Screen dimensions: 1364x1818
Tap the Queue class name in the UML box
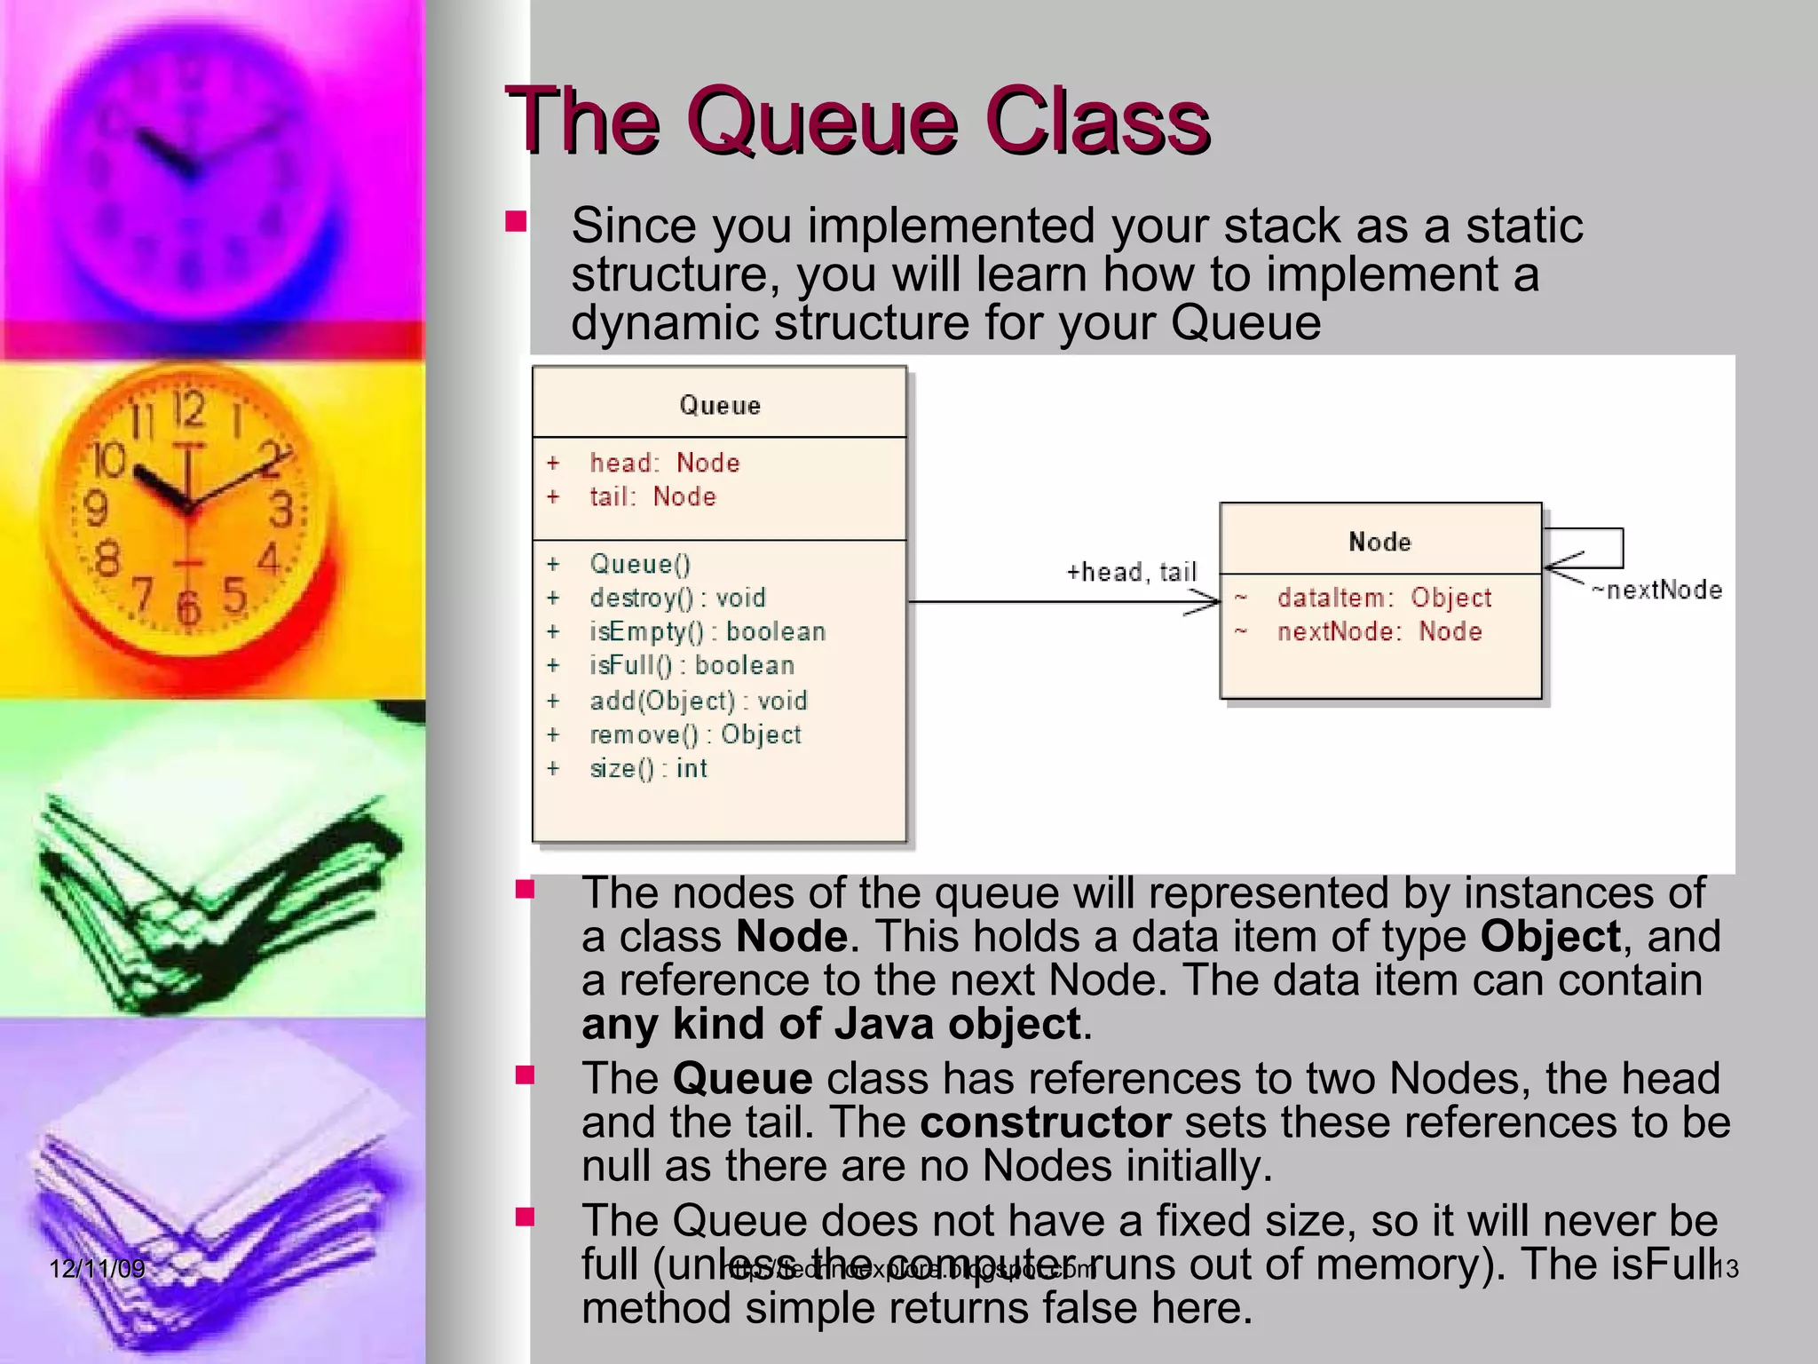[720, 406]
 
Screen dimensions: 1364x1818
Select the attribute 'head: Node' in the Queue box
[664, 463]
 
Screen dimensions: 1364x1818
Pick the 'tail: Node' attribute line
[652, 496]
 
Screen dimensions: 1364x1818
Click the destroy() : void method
[677, 598]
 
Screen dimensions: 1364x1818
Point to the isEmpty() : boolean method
[707, 631]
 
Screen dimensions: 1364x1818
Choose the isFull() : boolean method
[692, 665]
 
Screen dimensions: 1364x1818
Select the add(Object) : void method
[699, 701]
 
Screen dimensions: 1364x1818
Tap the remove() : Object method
[695, 734]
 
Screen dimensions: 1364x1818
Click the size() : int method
[648, 768]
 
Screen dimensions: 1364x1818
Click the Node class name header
[1379, 542]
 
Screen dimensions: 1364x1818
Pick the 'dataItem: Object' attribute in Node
[1384, 598]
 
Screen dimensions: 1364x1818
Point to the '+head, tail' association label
[1131, 572]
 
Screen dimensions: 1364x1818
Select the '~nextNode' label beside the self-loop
[1656, 590]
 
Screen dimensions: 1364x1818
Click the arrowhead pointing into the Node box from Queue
[1207, 603]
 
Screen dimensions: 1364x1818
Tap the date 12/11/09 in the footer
[97, 1268]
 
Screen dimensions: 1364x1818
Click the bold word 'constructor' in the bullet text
[1045, 1122]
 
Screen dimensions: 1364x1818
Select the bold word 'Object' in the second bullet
[1550, 936]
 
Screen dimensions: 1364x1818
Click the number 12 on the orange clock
[188, 409]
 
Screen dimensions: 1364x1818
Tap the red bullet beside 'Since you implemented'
[516, 221]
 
